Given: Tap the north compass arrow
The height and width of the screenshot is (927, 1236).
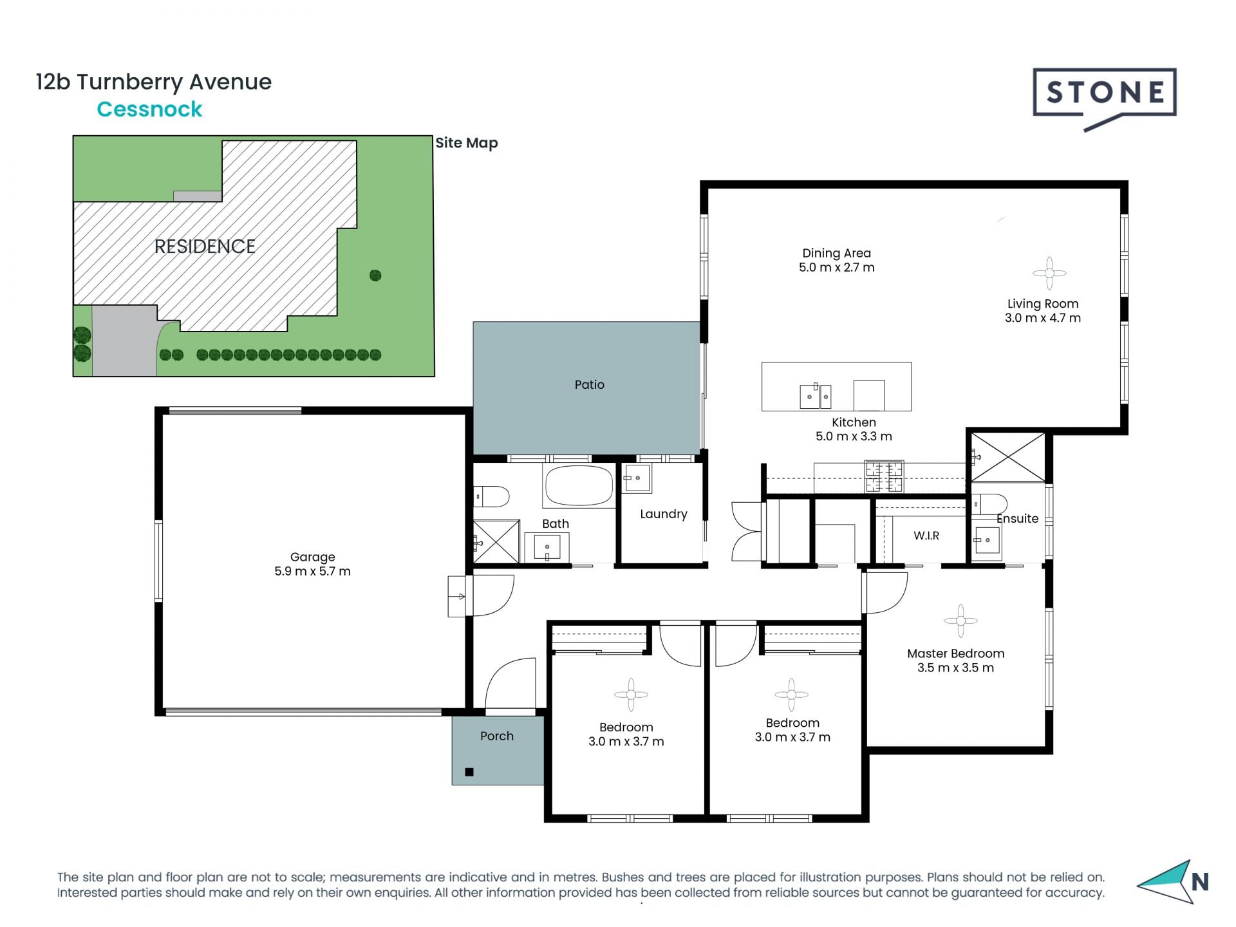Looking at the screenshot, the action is click(1166, 882).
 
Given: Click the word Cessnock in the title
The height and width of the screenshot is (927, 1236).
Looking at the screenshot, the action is click(149, 109).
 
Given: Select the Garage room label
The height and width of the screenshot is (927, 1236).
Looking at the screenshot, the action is click(312, 557).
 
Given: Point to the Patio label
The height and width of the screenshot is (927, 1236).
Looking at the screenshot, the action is click(589, 384).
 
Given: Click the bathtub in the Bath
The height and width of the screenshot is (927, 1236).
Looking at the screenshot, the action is click(579, 485).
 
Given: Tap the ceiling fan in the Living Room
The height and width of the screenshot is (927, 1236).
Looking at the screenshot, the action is click(1049, 273).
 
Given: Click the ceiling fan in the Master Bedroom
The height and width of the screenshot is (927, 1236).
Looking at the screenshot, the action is click(960, 621).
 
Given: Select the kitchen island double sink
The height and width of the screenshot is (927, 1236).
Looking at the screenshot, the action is click(815, 396).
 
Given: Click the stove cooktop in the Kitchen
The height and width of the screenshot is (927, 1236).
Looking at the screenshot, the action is click(885, 477).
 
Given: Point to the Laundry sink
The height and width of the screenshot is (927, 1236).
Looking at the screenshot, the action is click(637, 478).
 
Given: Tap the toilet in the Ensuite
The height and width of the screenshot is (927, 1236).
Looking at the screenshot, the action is click(989, 504).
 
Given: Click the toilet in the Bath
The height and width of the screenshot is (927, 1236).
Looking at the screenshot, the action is click(492, 496).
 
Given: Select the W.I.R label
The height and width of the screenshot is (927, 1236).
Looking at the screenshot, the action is click(926, 536).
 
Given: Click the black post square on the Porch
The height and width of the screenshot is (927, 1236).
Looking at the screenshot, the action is click(469, 772).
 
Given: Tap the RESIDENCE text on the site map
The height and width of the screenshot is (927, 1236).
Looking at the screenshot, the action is click(205, 246).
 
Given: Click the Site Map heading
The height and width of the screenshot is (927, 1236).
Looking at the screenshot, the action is click(467, 143).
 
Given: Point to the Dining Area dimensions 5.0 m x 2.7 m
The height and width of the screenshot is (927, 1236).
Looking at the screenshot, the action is click(837, 268).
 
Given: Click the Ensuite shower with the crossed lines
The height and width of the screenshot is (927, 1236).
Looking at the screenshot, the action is click(1007, 457).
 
